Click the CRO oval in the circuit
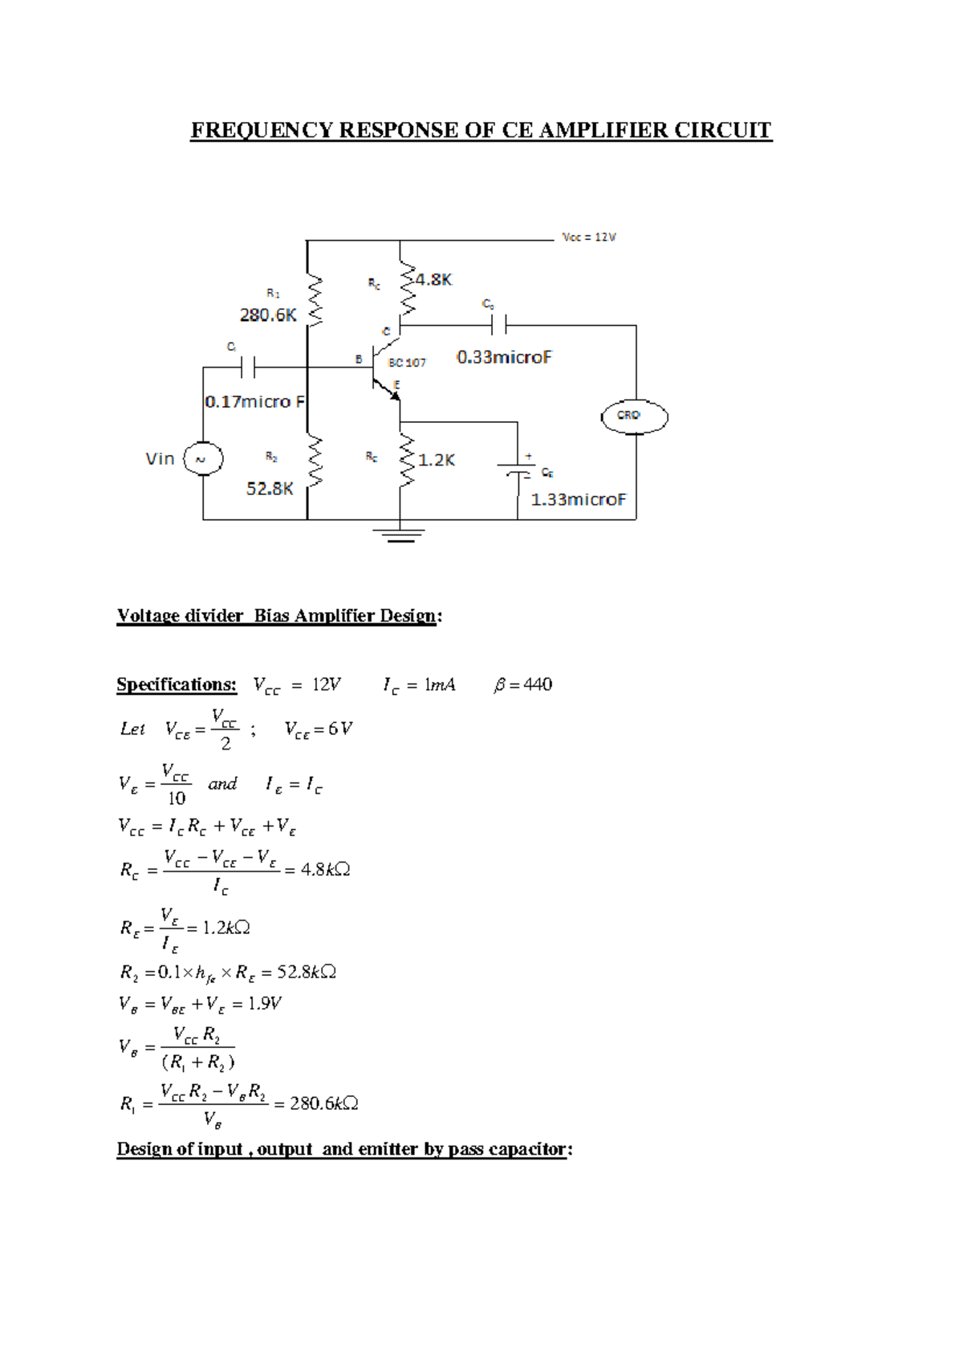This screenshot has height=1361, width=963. click(634, 416)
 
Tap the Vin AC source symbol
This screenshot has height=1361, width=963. click(203, 459)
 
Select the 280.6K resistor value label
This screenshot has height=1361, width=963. click(268, 315)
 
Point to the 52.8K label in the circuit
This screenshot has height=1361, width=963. click(270, 489)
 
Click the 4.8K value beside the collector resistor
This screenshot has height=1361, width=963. click(433, 280)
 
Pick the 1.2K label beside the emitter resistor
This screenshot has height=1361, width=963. click(437, 460)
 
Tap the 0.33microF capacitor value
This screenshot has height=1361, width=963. click(504, 357)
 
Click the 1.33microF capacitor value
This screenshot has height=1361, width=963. click(578, 499)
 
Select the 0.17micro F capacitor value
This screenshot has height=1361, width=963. click(254, 401)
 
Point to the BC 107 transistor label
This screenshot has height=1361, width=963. click(407, 363)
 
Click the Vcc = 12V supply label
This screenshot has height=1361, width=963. click(589, 238)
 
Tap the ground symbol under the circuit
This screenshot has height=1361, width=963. click(400, 534)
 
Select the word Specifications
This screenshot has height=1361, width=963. click(177, 685)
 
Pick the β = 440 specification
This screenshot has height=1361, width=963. click(523, 685)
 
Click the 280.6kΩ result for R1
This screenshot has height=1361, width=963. click(323, 1103)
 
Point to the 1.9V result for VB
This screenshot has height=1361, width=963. click(265, 1003)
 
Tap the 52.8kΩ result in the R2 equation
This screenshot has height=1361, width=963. click(306, 972)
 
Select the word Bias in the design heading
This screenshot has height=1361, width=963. click(271, 615)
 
